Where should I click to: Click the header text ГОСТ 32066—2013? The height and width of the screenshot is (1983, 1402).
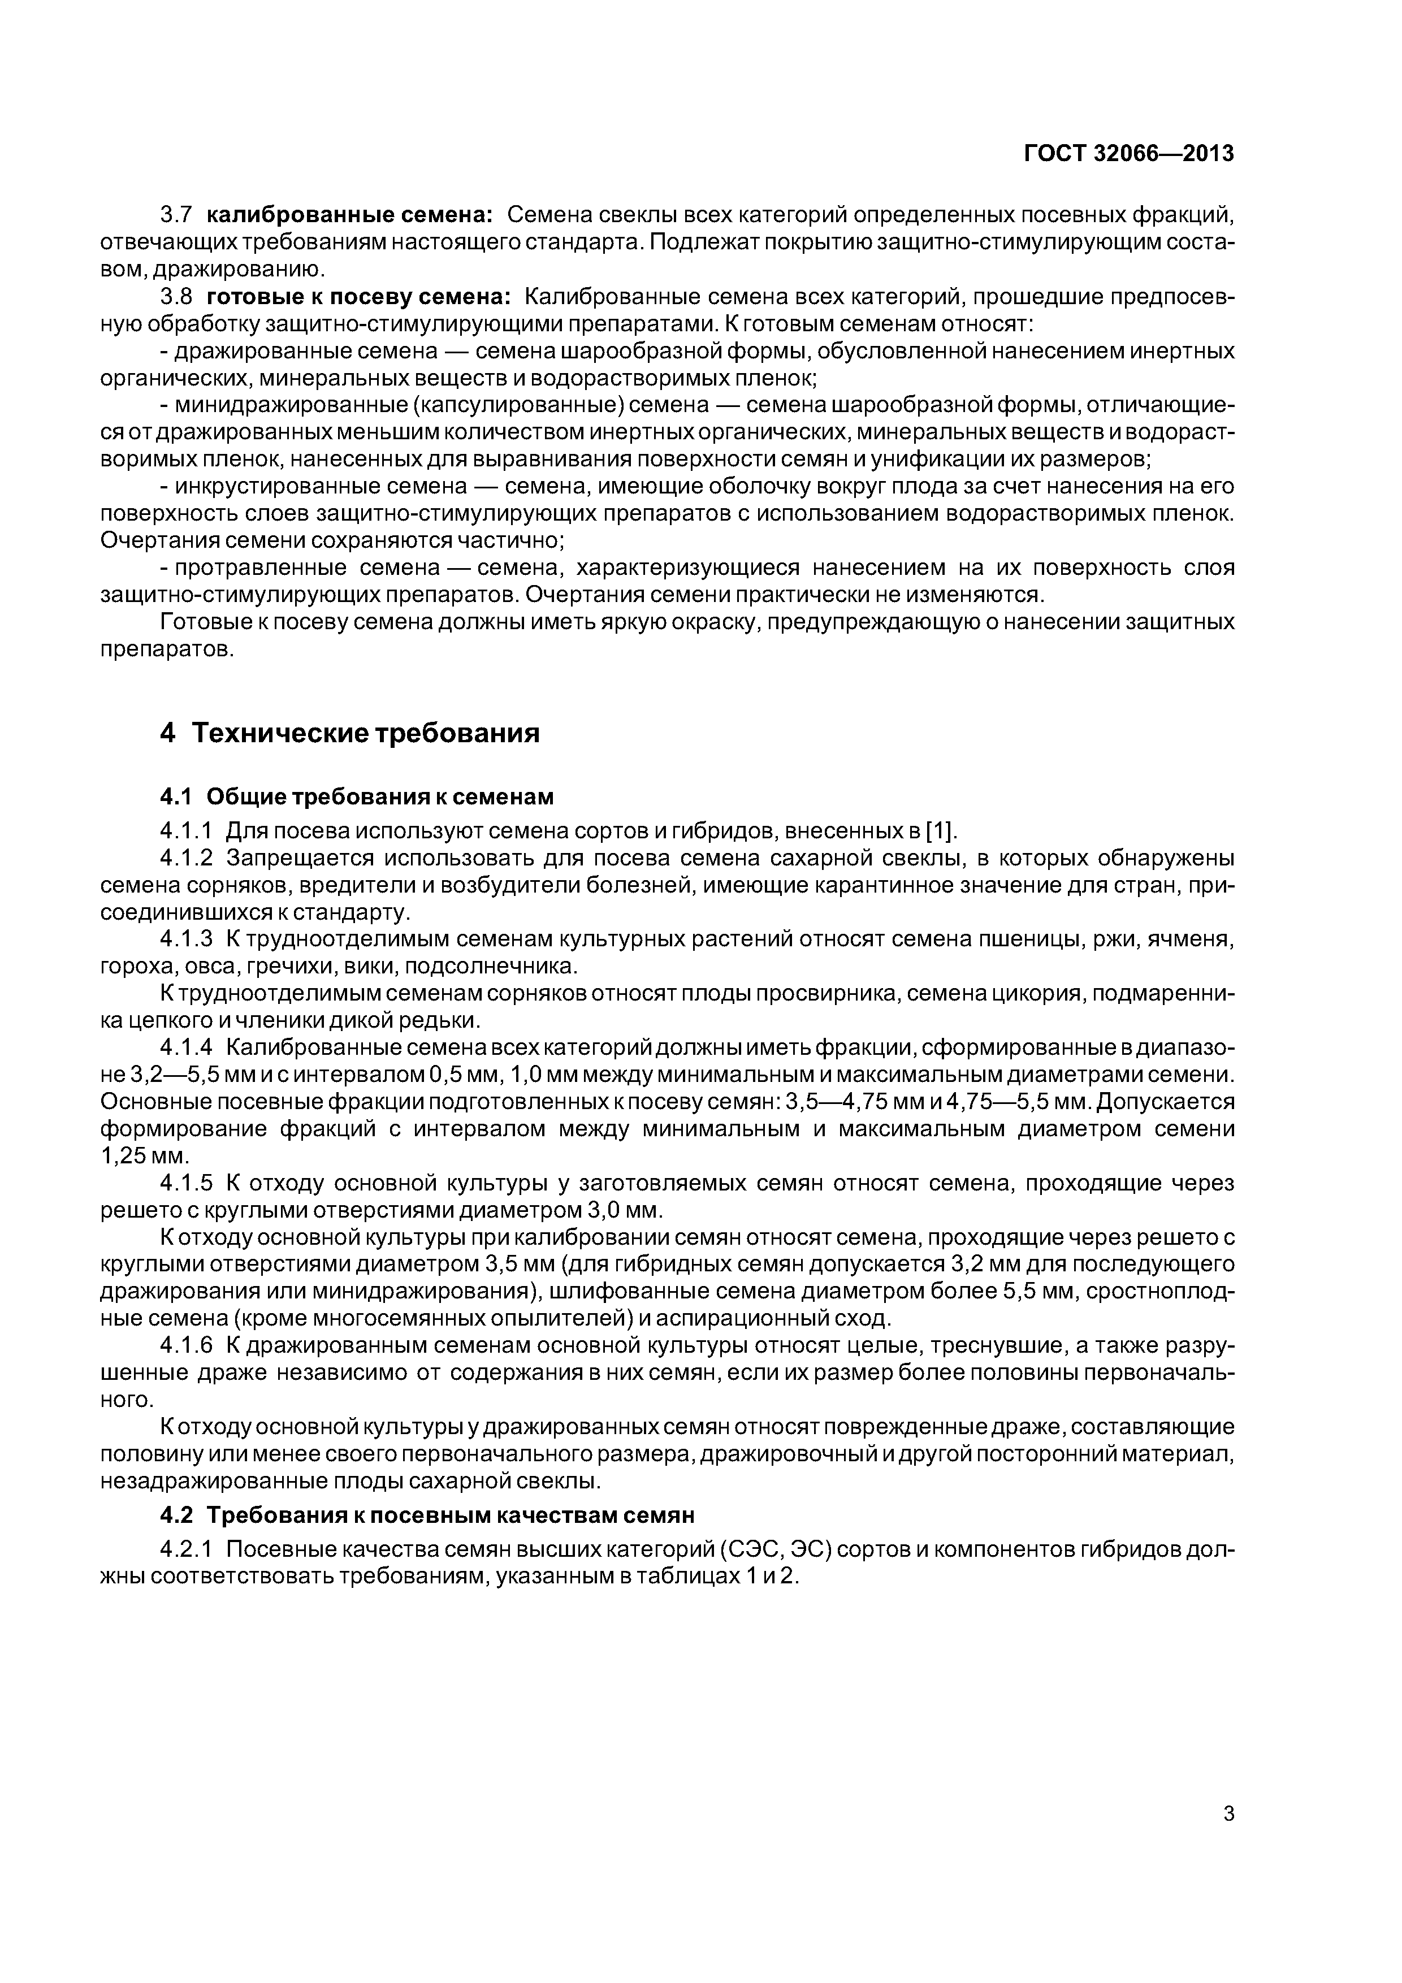[1128, 154]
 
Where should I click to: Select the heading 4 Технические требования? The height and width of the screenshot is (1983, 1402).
[350, 733]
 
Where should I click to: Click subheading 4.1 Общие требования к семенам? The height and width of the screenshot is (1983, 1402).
[357, 796]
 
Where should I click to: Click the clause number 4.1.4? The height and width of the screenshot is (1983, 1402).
[186, 1047]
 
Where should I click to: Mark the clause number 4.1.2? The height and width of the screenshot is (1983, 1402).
[186, 859]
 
